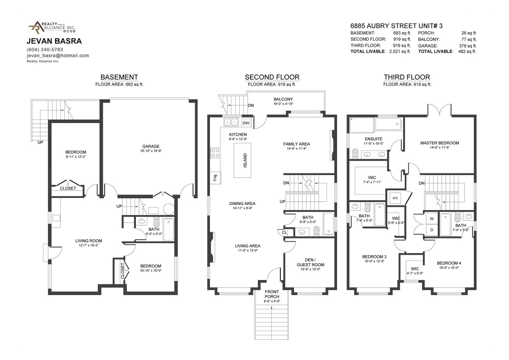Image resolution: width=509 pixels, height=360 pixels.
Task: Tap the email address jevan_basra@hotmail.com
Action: point(58,56)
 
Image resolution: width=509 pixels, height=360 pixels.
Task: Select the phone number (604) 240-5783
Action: point(45,49)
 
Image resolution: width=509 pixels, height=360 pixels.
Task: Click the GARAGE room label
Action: point(151,147)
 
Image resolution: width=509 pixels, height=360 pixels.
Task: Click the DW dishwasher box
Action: point(246,123)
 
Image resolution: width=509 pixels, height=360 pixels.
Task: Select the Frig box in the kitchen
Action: point(215,177)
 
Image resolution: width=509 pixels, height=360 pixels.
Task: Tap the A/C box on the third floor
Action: point(395,198)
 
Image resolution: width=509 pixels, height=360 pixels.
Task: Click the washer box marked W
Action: point(431,219)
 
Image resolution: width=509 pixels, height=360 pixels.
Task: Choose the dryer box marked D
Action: point(431,230)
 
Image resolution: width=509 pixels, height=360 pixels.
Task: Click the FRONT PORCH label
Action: point(272,294)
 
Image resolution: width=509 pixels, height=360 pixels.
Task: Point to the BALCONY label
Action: point(283,99)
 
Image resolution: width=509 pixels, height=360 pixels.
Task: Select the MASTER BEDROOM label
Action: point(439,143)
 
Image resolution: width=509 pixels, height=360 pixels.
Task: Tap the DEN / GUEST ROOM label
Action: point(310,262)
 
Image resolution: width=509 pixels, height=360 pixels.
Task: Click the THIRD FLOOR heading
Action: point(406,77)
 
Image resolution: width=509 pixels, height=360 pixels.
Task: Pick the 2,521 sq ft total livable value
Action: point(399,51)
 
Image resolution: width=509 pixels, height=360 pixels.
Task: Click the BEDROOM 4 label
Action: point(449,263)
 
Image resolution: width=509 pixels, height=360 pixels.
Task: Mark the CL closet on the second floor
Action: point(284,232)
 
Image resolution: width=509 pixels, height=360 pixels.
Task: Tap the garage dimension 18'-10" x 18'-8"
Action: point(151,151)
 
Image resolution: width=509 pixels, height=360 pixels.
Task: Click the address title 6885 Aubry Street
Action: point(396,26)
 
